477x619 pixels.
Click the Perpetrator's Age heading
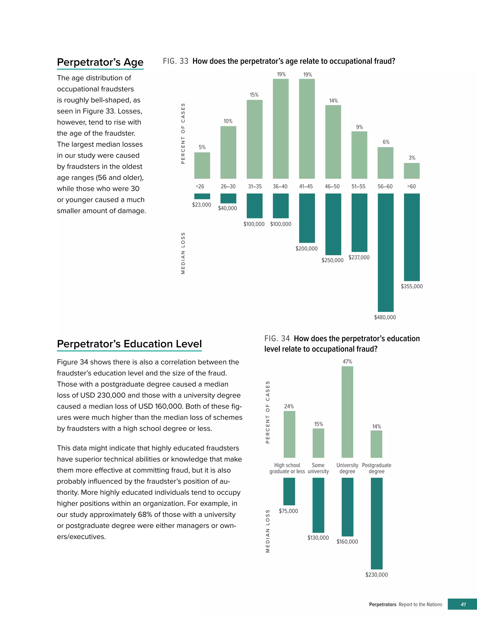point(100,62)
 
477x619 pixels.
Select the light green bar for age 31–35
point(254,139)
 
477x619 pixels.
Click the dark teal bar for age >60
point(412,237)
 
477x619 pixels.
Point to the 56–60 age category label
point(385,186)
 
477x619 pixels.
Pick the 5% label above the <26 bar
point(202,147)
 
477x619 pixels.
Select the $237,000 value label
point(359,257)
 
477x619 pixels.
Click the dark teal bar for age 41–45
point(307,218)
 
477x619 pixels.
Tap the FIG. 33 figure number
point(176,61)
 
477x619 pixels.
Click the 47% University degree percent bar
point(347,412)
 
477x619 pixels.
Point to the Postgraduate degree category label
point(376,468)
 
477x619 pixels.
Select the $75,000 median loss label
point(288,511)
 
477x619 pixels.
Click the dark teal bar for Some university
point(318,505)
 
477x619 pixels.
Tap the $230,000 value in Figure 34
point(376,575)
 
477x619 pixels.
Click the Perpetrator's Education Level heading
point(129,344)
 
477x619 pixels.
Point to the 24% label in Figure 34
point(289,406)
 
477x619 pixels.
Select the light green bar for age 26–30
point(228,152)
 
